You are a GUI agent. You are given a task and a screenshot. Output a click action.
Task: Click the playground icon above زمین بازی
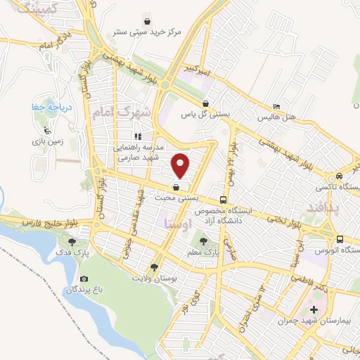(47, 129)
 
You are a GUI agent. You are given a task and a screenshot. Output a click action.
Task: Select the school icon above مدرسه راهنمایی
(139, 136)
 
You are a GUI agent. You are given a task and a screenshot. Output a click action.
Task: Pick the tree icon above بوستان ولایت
(154, 267)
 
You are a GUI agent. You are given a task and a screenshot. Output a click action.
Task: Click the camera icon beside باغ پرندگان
(84, 278)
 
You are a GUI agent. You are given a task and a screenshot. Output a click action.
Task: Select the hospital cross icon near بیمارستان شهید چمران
(314, 310)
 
